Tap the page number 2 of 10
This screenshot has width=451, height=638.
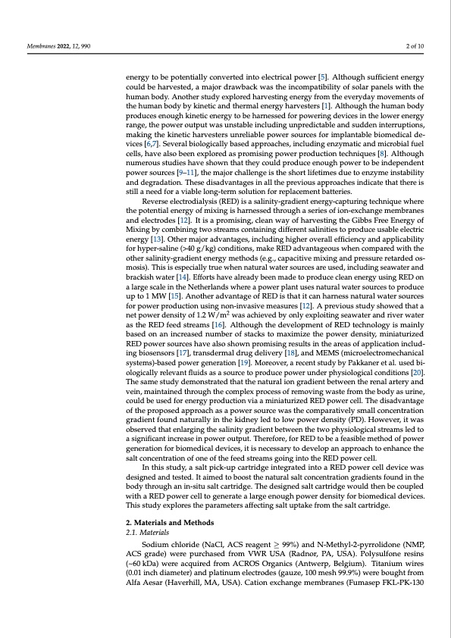(414, 47)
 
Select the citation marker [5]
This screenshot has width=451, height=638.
(322, 77)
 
